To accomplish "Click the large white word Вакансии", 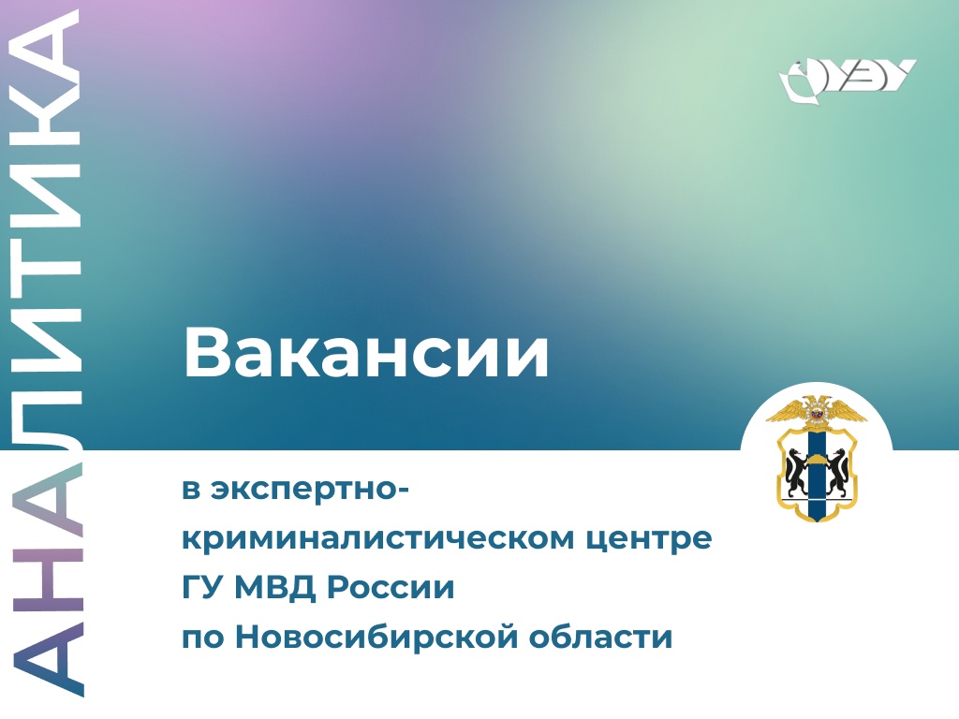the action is coord(366,353).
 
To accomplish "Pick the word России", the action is coord(391,588).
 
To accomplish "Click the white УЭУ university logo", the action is coord(847,79).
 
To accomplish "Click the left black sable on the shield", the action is coord(796,472).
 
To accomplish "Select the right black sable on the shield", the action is coord(836,472).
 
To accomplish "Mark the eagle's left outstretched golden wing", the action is coord(786,411).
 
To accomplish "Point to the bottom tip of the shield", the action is coord(817,521).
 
